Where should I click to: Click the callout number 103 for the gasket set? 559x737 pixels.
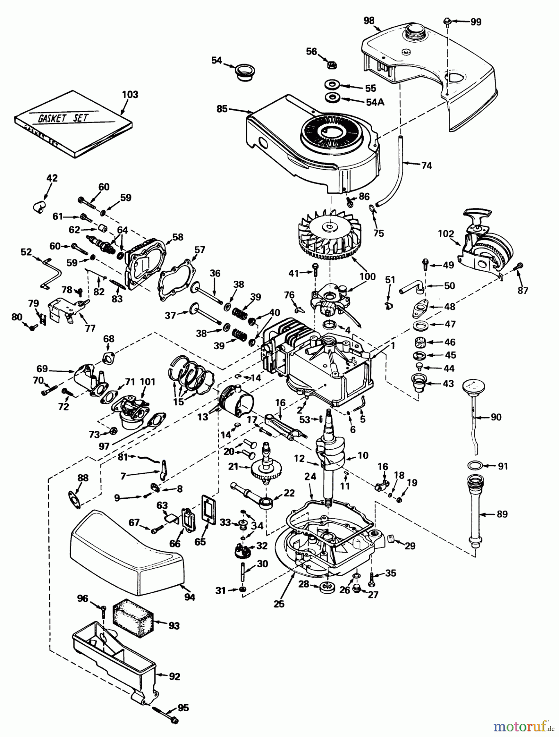click(130, 95)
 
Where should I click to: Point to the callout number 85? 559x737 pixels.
click(222, 109)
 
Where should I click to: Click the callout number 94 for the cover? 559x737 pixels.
click(189, 597)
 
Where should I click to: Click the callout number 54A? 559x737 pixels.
click(375, 102)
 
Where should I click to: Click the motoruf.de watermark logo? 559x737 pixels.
click(525, 726)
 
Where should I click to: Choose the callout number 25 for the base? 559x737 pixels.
click(278, 604)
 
